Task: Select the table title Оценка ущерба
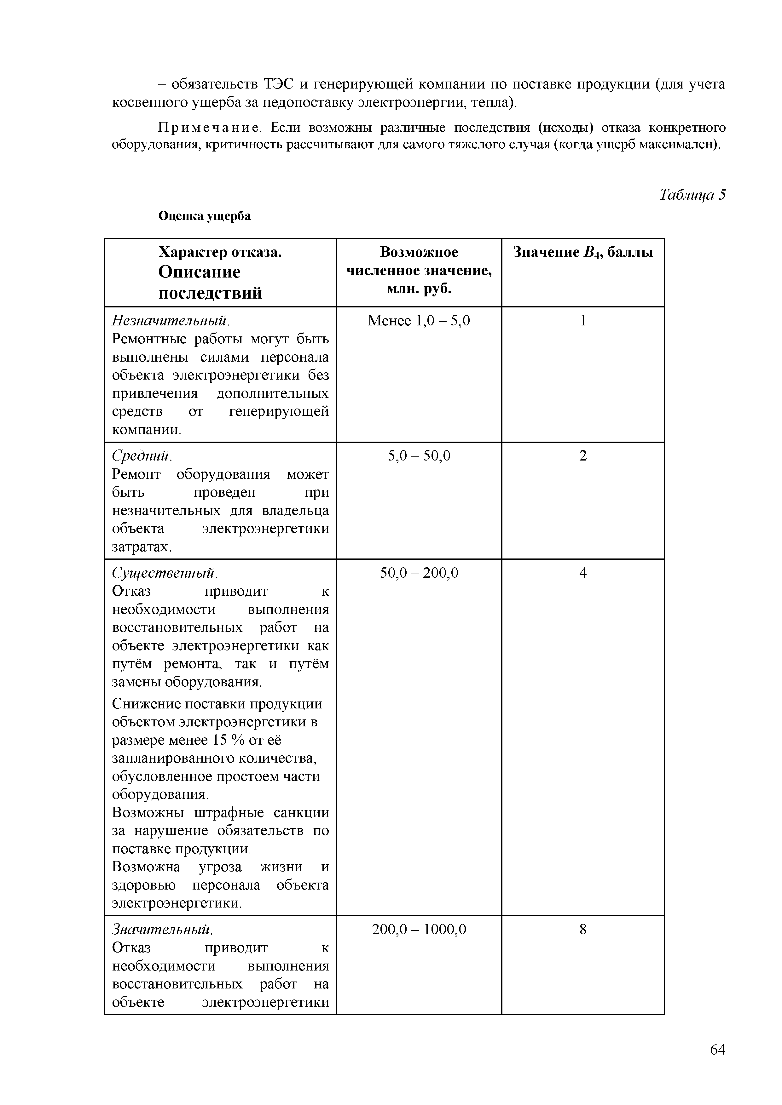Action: [205, 216]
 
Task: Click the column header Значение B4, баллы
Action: [583, 252]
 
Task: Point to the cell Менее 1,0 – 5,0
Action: [419, 321]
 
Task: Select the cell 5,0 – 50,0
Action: [419, 455]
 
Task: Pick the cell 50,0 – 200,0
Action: [419, 573]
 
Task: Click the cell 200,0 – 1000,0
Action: [419, 929]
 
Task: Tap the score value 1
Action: [583, 321]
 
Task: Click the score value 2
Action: [583, 455]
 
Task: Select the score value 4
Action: [583, 573]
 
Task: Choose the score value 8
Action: [583, 929]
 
